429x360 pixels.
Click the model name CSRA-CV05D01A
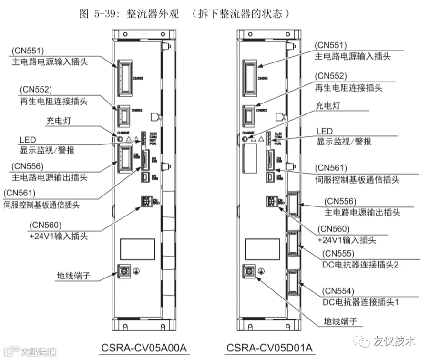[269, 347]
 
